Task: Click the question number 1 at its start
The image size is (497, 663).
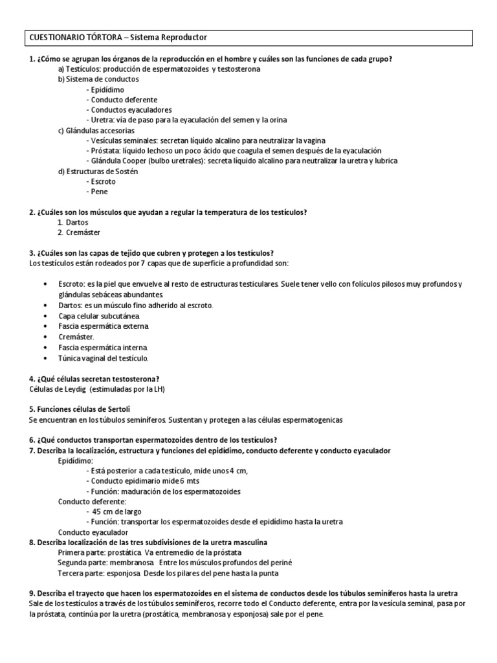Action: click(x=32, y=60)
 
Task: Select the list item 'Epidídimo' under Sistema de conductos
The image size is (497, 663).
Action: click(x=108, y=89)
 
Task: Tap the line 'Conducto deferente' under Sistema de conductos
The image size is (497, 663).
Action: click(x=124, y=100)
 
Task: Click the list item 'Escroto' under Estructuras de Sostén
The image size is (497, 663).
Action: click(x=104, y=181)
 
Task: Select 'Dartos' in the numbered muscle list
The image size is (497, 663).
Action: click(x=78, y=222)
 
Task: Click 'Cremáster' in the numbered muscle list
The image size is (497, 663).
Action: click(x=83, y=232)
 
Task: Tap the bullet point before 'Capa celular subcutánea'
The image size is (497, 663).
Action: click(x=44, y=315)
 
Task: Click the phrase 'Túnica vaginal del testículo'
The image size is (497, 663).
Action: click(x=104, y=357)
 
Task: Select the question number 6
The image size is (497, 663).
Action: click(x=32, y=440)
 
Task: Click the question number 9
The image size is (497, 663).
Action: click(x=32, y=594)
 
